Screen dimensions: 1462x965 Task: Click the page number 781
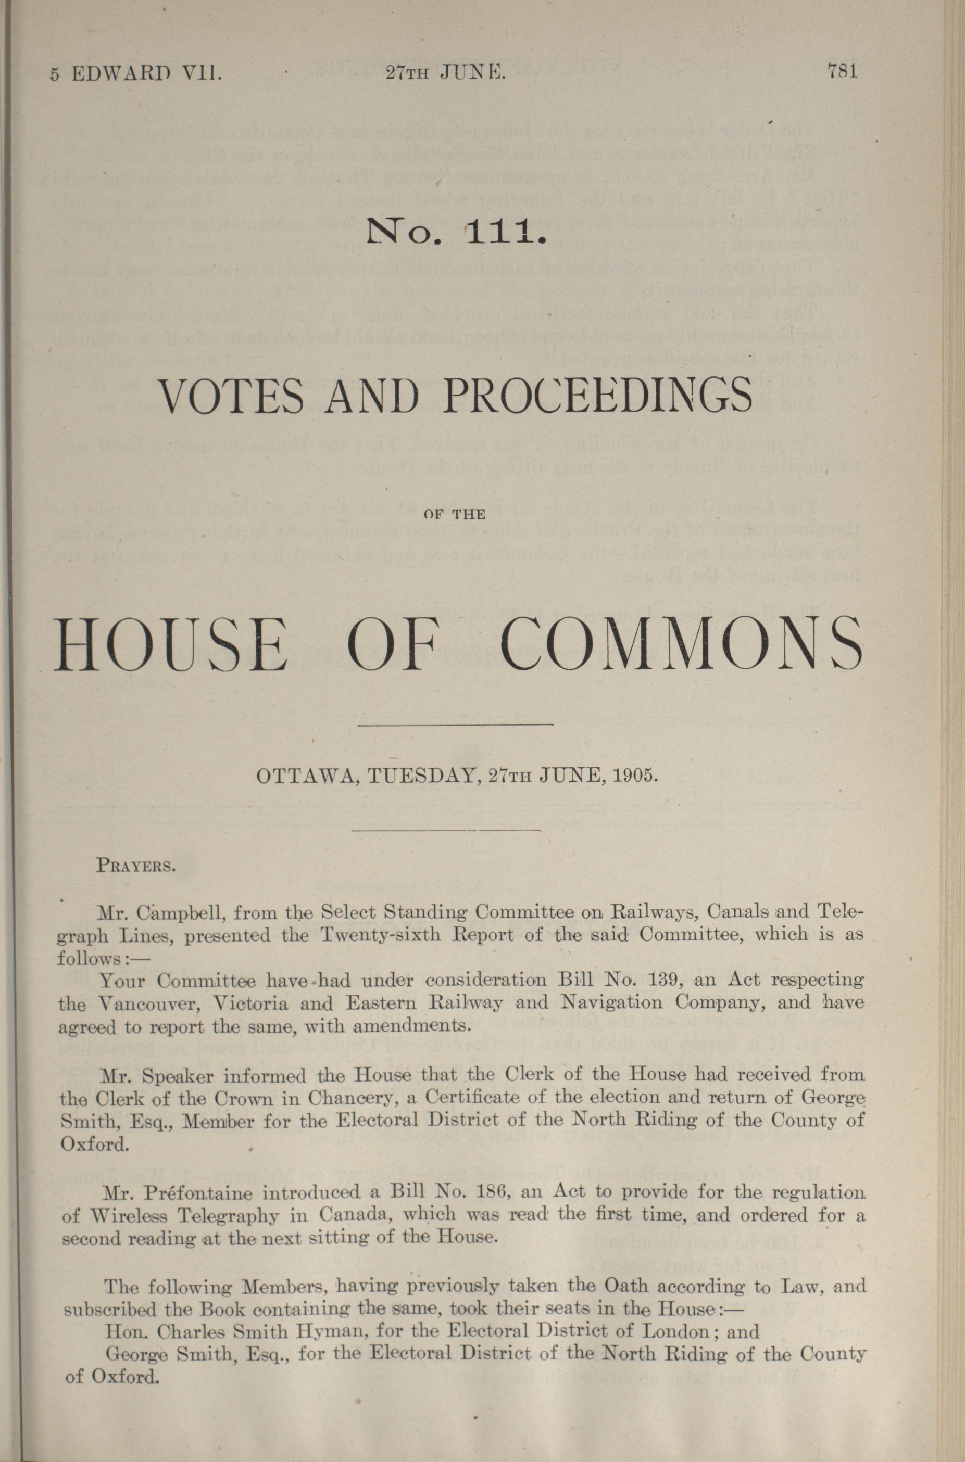tap(843, 72)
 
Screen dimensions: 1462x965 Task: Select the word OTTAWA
tap(304, 776)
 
